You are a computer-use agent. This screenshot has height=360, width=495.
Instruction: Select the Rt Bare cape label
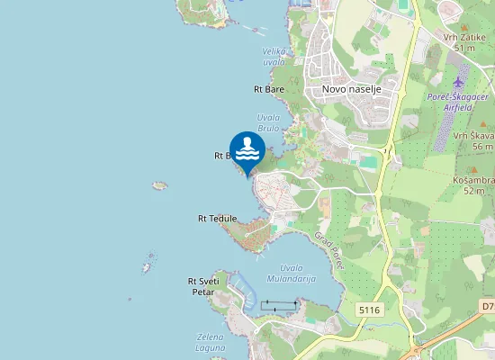pyautogui.click(x=269, y=89)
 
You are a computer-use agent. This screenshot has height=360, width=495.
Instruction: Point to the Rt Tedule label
pyautogui.click(x=217, y=219)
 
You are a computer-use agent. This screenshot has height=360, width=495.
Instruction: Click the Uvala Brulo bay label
pyautogui.click(x=268, y=123)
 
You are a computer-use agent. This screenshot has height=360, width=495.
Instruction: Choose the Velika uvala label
pyautogui.click(x=274, y=56)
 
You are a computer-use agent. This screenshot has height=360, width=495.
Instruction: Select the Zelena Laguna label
pyautogui.click(x=210, y=343)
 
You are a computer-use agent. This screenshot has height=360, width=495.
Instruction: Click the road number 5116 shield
pyautogui.click(x=370, y=310)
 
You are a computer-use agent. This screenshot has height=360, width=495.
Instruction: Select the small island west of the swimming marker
pyautogui.click(x=160, y=185)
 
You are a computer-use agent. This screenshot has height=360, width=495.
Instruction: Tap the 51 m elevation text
pyautogui.click(x=464, y=48)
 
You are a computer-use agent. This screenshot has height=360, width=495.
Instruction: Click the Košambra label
pyautogui.click(x=473, y=179)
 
